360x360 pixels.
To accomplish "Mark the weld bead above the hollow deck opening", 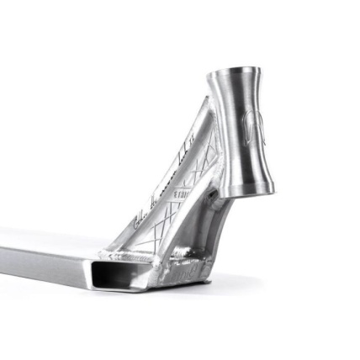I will (126, 255).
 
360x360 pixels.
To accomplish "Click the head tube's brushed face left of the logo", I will (227, 135).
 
